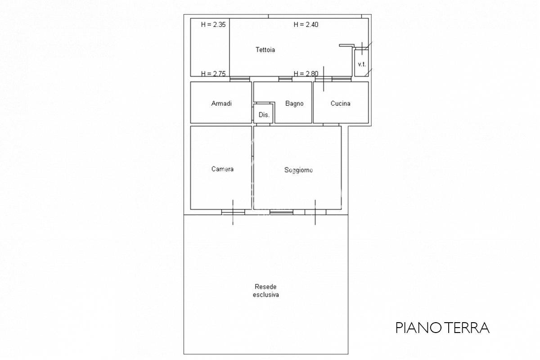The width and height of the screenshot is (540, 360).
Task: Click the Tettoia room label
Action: pos(265,49)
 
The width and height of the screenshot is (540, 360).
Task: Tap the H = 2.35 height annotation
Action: pos(213,24)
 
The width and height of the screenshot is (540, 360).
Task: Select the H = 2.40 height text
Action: pos(306,24)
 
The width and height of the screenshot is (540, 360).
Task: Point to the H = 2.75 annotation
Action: pos(213,73)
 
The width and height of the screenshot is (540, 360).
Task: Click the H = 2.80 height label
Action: pos(306,73)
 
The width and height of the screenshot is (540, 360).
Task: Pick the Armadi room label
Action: pos(221,103)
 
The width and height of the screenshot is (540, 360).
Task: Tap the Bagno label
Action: pos(294,103)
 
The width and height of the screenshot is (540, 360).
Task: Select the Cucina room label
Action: pos(340,103)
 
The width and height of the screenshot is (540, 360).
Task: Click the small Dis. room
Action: pos(263,113)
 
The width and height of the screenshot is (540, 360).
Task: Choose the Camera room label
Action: pos(222,169)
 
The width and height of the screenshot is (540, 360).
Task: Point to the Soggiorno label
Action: pos(298,170)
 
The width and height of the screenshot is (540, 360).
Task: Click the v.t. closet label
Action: pos(362,64)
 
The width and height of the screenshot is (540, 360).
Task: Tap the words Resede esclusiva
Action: pos(265,291)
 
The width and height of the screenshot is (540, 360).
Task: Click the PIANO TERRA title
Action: pos(442,328)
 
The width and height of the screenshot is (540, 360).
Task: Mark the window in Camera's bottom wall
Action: pos(233,212)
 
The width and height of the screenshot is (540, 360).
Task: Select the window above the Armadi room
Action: pos(239,79)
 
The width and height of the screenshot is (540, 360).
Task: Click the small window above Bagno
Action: pos(285,79)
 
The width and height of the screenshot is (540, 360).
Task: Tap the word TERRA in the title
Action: pos(467,328)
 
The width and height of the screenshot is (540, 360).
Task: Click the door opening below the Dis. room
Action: pos(263,125)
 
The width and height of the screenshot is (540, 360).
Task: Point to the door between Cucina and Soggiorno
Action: pos(331,125)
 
